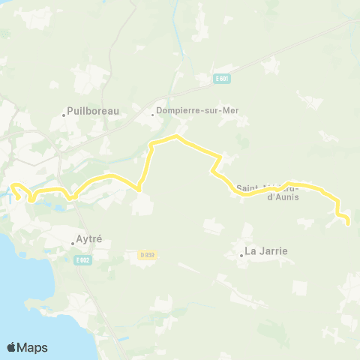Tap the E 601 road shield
[220, 78]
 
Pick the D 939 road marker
[146, 255]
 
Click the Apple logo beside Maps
[12, 347]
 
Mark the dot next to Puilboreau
[64, 115]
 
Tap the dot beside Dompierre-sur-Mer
[152, 115]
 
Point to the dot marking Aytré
[72, 242]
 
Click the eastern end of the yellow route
[349, 222]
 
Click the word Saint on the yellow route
[247, 187]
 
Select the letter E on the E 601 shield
[216, 78]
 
